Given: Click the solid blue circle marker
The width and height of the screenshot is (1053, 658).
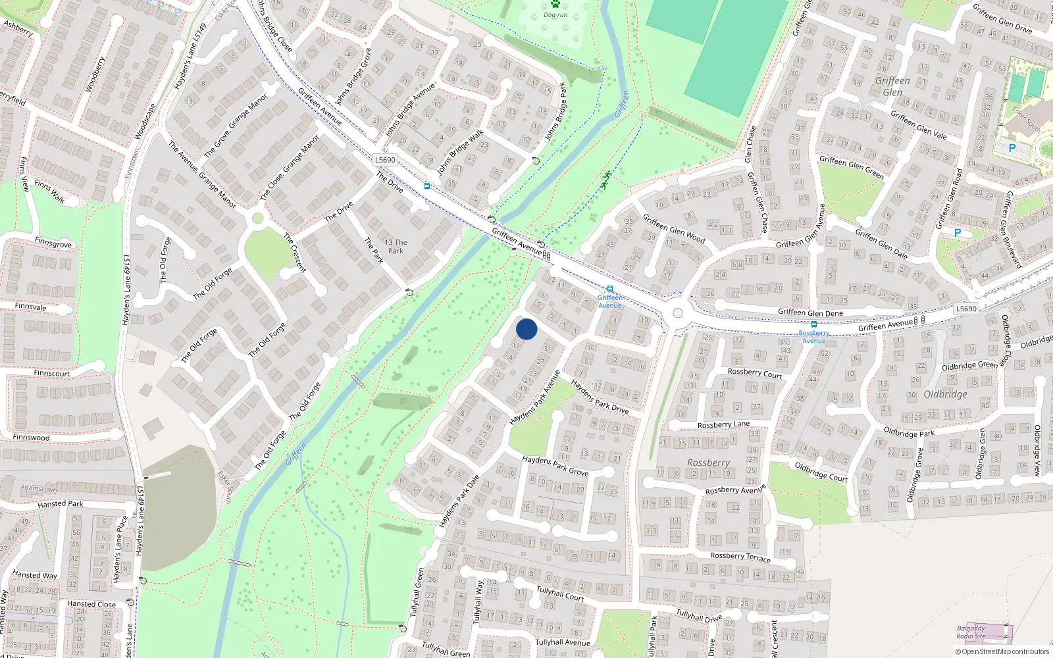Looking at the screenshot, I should pyautogui.click(x=526, y=329).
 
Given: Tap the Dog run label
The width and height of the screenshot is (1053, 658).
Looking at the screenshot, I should pyautogui.click(x=555, y=14).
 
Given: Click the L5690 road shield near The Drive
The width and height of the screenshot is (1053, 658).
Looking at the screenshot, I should pyautogui.click(x=385, y=160).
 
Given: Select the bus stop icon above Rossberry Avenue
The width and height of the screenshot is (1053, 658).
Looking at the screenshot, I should pyautogui.click(x=813, y=324).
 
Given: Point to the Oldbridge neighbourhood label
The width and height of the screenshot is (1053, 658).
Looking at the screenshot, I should pyautogui.click(x=945, y=394).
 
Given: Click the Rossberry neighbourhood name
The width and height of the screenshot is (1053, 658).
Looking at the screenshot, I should pyautogui.click(x=708, y=463).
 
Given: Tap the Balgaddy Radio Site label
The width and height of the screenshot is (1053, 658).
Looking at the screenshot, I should pyautogui.click(x=971, y=632).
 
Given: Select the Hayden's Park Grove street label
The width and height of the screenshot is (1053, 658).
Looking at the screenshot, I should pyautogui.click(x=555, y=466).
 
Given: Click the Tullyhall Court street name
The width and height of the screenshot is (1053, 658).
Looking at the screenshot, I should pyautogui.click(x=560, y=594).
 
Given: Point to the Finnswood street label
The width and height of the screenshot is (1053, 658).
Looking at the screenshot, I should pyautogui.click(x=31, y=437).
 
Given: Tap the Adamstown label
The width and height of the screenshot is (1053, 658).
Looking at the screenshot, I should pyautogui.click(x=38, y=489).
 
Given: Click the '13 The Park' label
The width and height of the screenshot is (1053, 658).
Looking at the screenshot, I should pyautogui.click(x=396, y=246).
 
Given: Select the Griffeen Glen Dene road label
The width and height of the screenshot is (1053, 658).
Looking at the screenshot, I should pyautogui.click(x=810, y=313).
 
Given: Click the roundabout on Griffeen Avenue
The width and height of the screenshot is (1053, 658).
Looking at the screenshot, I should pyautogui.click(x=677, y=314).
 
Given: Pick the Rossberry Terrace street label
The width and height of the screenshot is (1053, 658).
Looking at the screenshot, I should pyautogui.click(x=740, y=557).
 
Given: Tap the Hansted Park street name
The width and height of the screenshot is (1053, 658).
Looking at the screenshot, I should pyautogui.click(x=61, y=504).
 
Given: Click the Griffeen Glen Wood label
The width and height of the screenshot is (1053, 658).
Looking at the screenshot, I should pyautogui.click(x=673, y=229).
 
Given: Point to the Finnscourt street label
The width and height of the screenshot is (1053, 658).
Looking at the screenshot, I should pyautogui.click(x=51, y=373).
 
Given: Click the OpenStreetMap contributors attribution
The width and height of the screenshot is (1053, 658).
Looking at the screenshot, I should pyautogui.click(x=1002, y=652).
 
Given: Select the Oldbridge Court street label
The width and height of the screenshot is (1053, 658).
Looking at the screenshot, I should pyautogui.click(x=821, y=472).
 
